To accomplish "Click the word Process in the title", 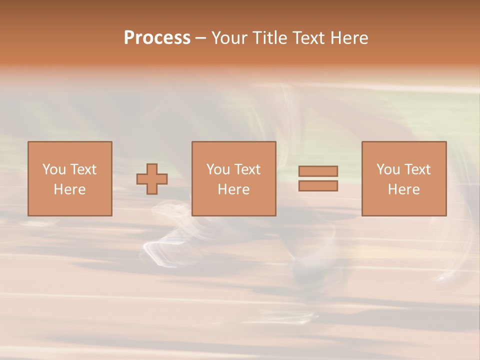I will pyautogui.click(x=157, y=38).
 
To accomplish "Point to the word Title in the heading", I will pyautogui.click(x=270, y=38).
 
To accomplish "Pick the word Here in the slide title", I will pyautogui.click(x=349, y=38).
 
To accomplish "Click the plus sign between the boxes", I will pyautogui.click(x=152, y=179).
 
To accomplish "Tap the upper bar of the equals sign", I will pyautogui.click(x=318, y=171).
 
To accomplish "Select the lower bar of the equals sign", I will pyautogui.click(x=318, y=185).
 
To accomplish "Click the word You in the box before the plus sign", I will pyautogui.click(x=54, y=169).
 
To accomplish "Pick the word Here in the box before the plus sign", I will pyautogui.click(x=69, y=189).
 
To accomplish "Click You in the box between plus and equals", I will pyautogui.click(x=218, y=169).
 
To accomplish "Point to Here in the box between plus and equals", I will pyautogui.click(x=233, y=189).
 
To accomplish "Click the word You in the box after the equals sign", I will pyautogui.click(x=388, y=169).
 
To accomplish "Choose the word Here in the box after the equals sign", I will pyautogui.click(x=403, y=189).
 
